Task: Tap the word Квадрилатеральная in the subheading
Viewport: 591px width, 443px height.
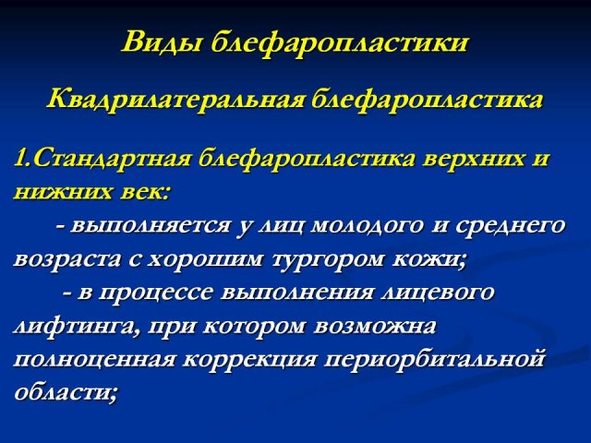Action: point(175,101)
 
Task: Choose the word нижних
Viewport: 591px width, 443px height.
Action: point(63,193)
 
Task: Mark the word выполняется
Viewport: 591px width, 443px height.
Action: point(150,227)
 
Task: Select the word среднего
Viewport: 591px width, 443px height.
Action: point(511,227)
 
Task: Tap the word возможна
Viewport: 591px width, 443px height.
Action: point(374,326)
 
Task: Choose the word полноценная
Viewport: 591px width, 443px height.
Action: point(94,360)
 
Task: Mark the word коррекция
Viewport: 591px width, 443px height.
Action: point(249,361)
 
